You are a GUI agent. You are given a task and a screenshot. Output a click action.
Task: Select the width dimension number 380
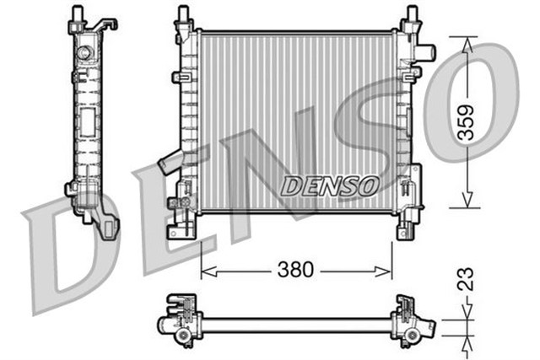(x=296, y=270)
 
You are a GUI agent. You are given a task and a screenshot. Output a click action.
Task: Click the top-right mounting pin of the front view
(x=411, y=14)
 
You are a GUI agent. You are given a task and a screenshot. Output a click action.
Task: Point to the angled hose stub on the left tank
(x=169, y=160)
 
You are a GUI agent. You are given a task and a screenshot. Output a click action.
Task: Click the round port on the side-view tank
(x=84, y=54)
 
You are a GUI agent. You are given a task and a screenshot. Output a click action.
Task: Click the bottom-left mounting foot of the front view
(x=181, y=230)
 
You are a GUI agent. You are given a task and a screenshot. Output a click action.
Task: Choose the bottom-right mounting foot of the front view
(x=408, y=228)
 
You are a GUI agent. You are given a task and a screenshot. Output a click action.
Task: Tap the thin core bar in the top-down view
(x=295, y=325)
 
